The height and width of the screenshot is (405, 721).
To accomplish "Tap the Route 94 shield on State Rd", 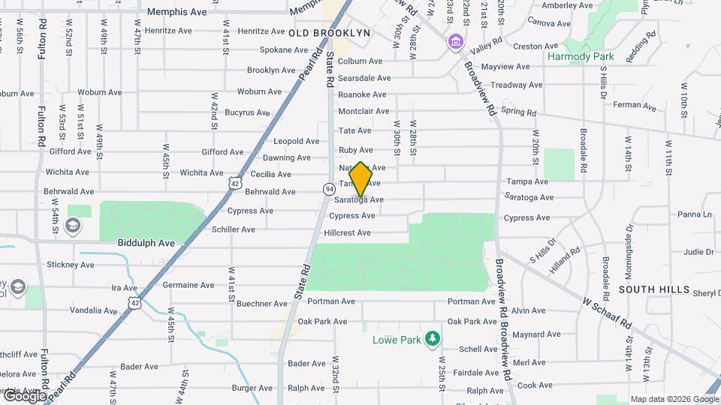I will (329, 187).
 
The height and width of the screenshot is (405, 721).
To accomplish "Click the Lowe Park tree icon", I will (433, 339).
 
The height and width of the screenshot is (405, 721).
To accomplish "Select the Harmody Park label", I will (581, 56).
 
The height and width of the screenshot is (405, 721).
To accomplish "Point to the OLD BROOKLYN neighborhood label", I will (329, 33).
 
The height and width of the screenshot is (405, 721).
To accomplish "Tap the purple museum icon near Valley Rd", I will (454, 41).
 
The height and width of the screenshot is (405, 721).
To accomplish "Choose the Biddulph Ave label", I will (146, 243).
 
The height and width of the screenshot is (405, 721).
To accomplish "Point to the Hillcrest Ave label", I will (347, 232).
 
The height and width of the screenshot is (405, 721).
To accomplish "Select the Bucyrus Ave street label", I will (247, 112).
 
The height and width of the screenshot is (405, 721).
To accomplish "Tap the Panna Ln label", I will (694, 214).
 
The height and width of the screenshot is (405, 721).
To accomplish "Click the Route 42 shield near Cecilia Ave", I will (236, 183).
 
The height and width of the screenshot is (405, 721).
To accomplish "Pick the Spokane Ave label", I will (263, 50).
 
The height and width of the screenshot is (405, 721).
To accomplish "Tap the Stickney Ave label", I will (71, 265).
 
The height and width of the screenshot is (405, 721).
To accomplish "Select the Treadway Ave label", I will (517, 85).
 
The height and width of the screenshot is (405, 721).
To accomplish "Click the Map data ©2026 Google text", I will (674, 399).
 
